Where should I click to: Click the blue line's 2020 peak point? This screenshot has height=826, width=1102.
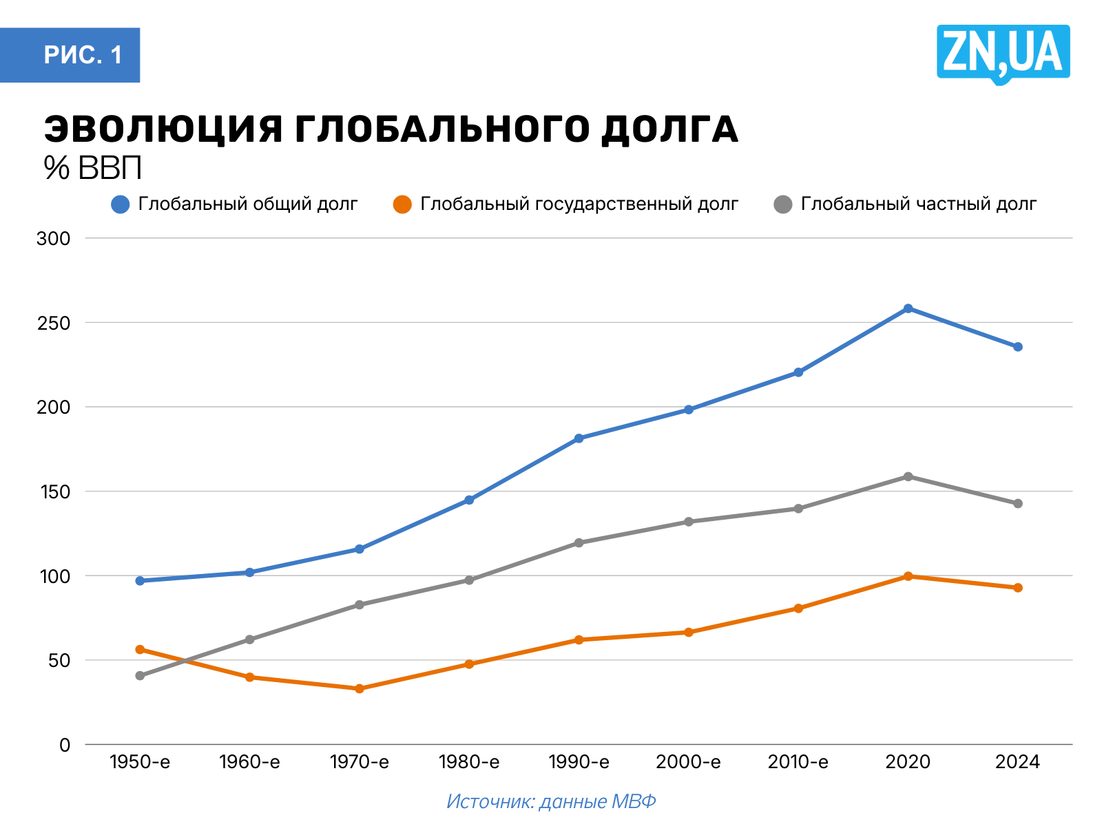[908, 308]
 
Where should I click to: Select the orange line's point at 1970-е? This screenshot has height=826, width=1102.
[360, 688]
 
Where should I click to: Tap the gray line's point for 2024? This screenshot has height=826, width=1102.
[1017, 503]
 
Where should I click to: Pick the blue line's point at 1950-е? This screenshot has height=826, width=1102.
[140, 580]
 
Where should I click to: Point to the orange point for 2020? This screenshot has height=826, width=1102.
[908, 576]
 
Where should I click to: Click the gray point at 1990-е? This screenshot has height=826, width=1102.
[579, 542]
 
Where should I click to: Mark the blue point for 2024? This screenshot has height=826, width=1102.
[1017, 346]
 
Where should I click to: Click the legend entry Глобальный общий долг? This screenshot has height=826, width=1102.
[235, 204]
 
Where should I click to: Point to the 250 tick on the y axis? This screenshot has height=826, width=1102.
[54, 323]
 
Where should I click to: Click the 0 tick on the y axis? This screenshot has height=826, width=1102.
[65, 745]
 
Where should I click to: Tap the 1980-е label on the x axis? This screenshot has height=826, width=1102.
[469, 762]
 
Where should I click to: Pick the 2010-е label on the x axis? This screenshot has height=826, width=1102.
[798, 762]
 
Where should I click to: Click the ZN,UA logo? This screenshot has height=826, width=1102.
[1003, 54]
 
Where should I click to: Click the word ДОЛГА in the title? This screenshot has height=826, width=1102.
[669, 129]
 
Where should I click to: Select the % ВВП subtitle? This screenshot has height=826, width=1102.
[93, 168]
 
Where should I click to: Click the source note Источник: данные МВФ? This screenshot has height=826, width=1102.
[551, 801]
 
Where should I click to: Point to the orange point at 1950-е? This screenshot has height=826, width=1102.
[140, 649]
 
